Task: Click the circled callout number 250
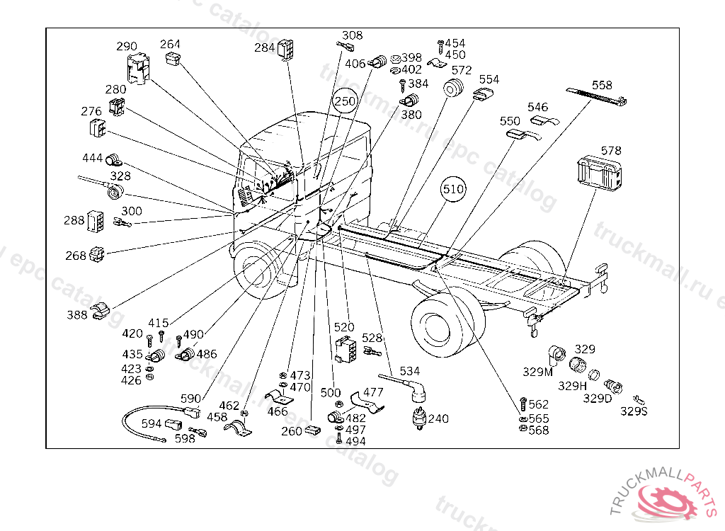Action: pos(345,101)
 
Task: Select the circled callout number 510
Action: pos(452,189)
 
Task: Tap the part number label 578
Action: pos(611,151)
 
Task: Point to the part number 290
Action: pos(126,46)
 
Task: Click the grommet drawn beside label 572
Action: pos(452,88)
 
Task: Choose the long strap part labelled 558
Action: pos(596,96)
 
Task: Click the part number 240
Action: pos(438,418)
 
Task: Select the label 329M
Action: pos(537,372)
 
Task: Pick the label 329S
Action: pos(634,411)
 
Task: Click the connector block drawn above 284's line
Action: pos(285,49)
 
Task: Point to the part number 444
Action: pos(92,158)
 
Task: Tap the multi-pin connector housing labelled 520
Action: pos(346,349)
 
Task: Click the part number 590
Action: pos(190,399)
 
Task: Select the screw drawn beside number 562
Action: pos(523,404)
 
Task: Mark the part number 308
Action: pos(352,35)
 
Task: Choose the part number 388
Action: pos(76,315)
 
